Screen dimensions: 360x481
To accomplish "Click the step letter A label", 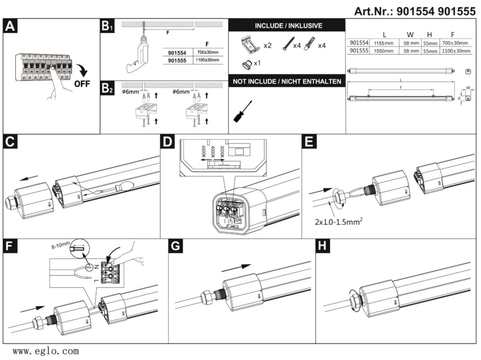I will click(10, 26).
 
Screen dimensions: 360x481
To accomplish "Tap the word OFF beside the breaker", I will click(82, 84).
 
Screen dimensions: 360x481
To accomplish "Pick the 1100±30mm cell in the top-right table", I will click(456, 51).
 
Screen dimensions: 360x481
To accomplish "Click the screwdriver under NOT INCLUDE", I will click(242, 112).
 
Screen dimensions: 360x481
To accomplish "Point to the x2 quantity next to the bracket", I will click(267, 45).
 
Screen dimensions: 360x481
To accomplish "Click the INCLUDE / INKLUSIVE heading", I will click(288, 26).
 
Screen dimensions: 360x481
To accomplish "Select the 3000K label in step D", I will click(222, 152).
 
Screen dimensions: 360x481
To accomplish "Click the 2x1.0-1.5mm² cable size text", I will click(338, 222).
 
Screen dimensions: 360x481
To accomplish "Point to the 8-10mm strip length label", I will click(60, 245).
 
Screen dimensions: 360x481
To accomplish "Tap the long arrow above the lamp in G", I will click(236, 268).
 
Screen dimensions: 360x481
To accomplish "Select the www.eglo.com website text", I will click(46, 351).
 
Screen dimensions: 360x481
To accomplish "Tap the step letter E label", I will click(309, 142).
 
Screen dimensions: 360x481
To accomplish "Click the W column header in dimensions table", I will click(410, 35).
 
